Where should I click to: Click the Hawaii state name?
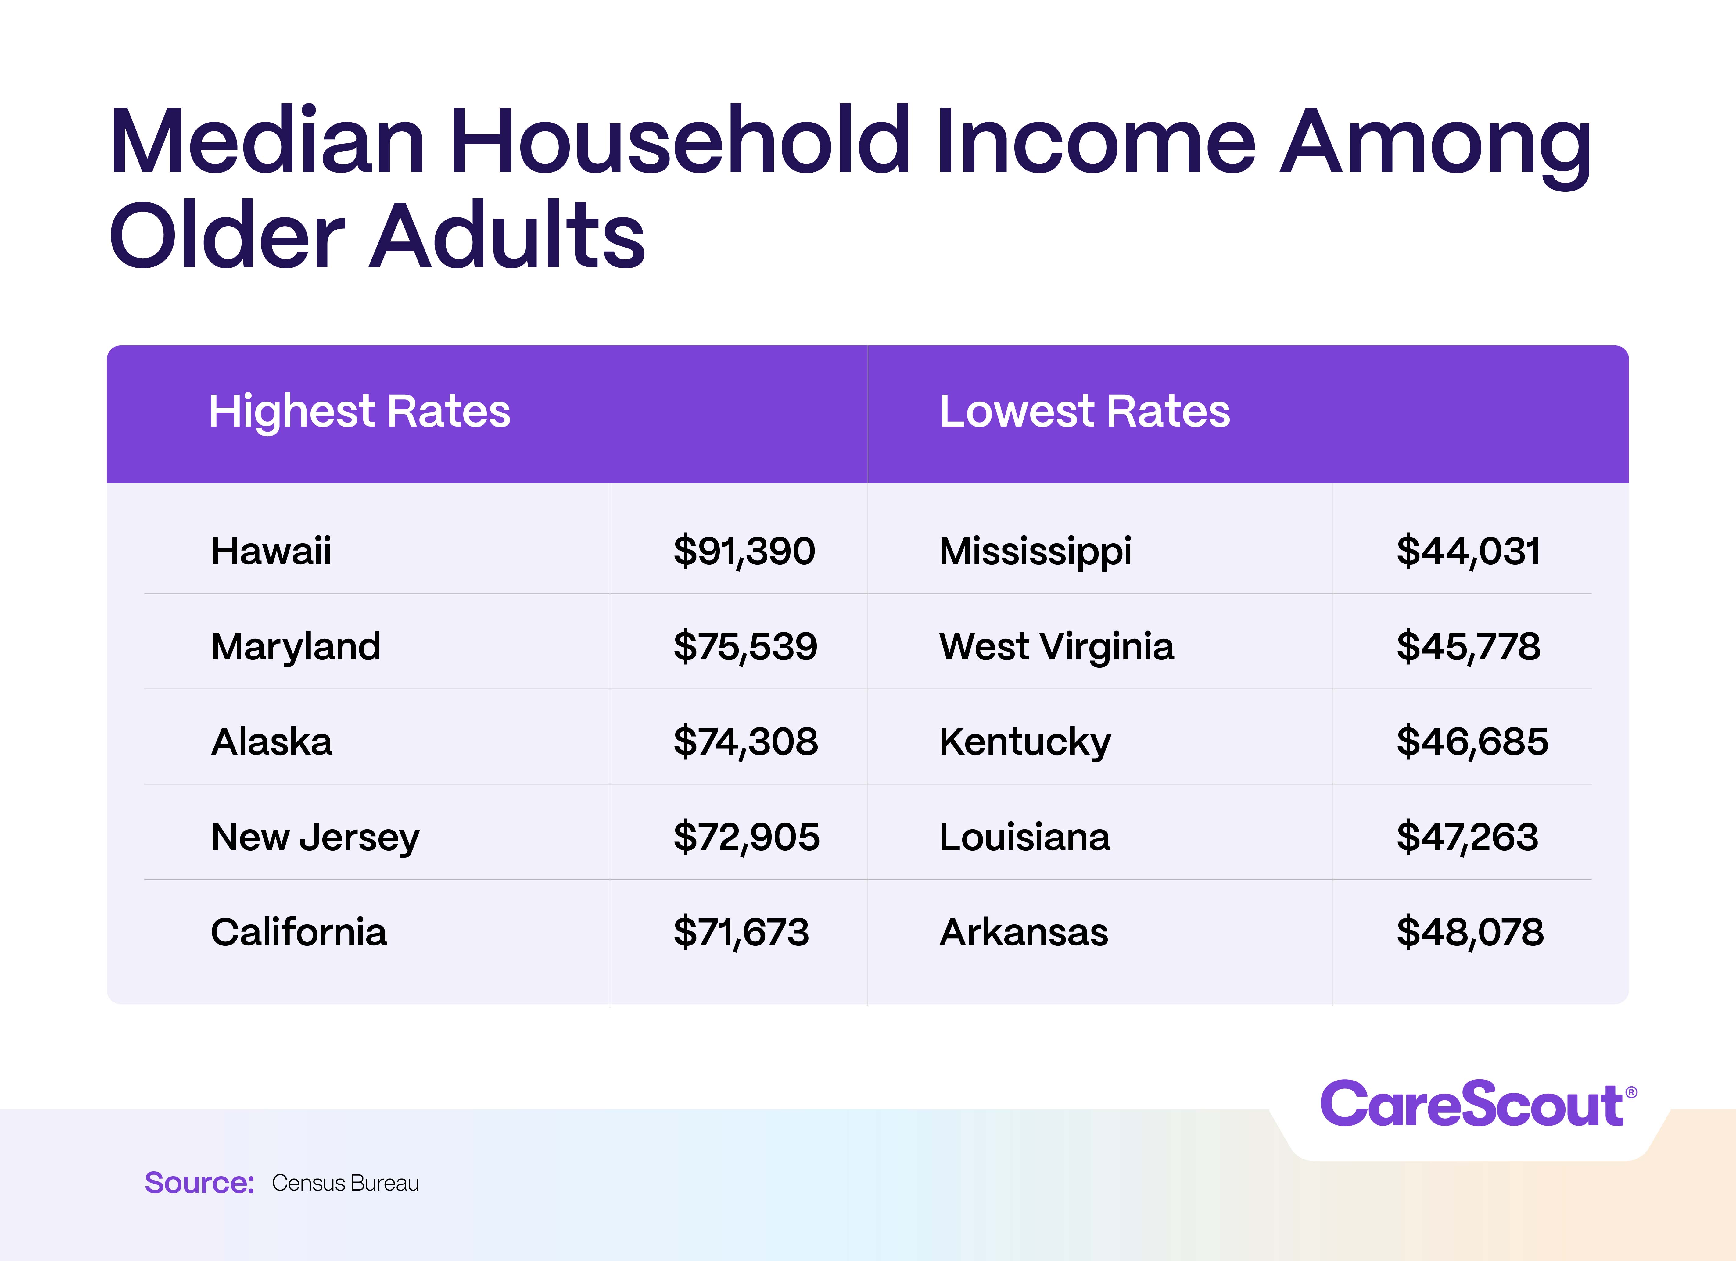pyautogui.click(x=271, y=551)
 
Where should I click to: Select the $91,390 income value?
pyautogui.click(x=744, y=551)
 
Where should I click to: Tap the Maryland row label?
pyautogui.click(x=296, y=647)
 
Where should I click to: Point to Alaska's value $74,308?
pyautogui.click(x=745, y=741)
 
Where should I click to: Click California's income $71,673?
pyautogui.click(x=741, y=932)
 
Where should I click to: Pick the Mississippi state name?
pyautogui.click(x=1035, y=551)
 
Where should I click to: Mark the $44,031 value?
pyautogui.click(x=1468, y=551)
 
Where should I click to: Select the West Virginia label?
pyautogui.click(x=1056, y=647)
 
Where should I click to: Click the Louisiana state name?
pyautogui.click(x=1024, y=837)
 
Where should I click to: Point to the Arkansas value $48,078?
pyautogui.click(x=1470, y=932)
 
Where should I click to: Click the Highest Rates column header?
pyautogui.click(x=359, y=412)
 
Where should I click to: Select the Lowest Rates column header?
pyautogui.click(x=1085, y=412)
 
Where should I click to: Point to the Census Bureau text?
pyautogui.click(x=345, y=1183)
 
